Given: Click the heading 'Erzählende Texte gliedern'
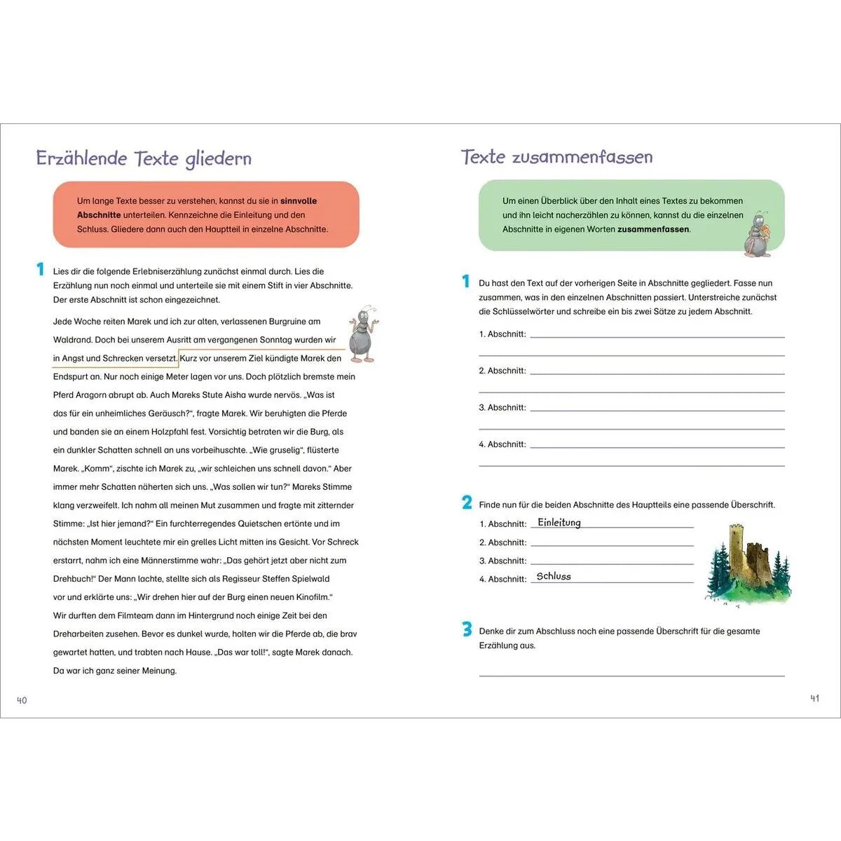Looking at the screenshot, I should tap(144, 158).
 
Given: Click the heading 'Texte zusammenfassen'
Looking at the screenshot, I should tap(556, 157).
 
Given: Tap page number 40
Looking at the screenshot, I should tap(22, 700).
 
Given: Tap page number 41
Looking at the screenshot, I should tap(814, 698).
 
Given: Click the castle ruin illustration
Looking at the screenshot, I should tap(748, 564).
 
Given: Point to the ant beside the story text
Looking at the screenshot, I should tap(362, 334).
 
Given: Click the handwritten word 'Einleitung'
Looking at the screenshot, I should tap(559, 523).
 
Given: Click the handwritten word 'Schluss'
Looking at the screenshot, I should tap(554, 576).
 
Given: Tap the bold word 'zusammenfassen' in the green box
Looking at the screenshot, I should tap(653, 229).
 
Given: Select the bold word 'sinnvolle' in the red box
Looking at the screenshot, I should tap(299, 201).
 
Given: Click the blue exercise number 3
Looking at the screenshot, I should tap(467, 629).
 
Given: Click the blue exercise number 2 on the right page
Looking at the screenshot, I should tap(467, 502).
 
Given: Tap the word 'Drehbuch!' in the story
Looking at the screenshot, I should tap(74, 579).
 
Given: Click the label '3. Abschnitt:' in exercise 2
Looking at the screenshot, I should tap(502, 561).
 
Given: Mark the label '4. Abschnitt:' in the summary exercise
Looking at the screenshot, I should tap(502, 444).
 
